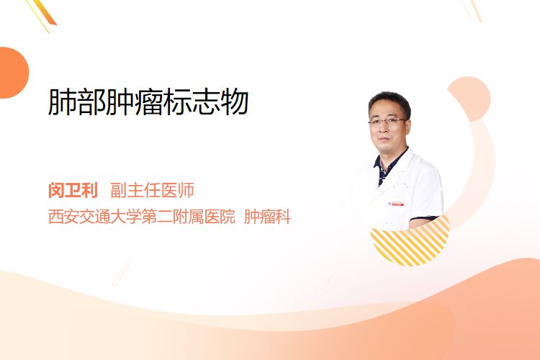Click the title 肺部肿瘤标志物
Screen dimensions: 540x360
(148, 102)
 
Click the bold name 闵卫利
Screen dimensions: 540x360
(73, 190)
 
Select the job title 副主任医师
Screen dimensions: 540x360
(152, 190)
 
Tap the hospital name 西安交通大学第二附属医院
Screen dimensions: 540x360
(142, 216)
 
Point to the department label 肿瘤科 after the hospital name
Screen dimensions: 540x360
(267, 216)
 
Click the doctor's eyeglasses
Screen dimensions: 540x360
(387, 121)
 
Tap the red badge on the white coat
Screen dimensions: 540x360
(397, 204)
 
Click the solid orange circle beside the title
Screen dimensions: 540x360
(13, 73)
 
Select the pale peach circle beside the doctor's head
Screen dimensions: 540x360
(469, 99)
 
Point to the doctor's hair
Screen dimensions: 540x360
(390, 101)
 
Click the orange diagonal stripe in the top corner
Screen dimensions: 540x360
(46, 12)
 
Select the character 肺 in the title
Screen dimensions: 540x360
(63, 102)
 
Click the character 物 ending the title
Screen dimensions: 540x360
(235, 102)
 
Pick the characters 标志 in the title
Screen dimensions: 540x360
(192, 102)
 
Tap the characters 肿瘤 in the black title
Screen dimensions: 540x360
(135, 102)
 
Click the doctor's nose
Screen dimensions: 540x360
(384, 128)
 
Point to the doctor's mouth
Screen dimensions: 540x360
(385, 139)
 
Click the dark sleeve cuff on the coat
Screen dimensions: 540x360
(423, 218)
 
